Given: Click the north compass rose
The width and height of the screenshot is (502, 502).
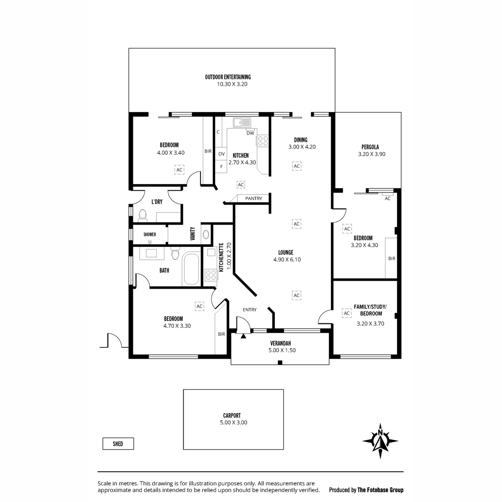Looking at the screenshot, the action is click(380, 441).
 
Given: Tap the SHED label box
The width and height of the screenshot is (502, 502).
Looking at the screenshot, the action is click(118, 444).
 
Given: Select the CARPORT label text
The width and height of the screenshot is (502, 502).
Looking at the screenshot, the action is click(232, 415).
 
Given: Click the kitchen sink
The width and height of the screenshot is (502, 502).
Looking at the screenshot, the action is click(242, 123).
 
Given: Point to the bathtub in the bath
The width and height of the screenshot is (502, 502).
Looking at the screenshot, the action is click(191, 269).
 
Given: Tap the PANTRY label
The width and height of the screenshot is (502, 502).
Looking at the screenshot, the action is click(254, 199).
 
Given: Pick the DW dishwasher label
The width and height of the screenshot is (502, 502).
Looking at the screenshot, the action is click(250, 133).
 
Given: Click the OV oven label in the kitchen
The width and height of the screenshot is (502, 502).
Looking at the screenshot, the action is click(221, 154).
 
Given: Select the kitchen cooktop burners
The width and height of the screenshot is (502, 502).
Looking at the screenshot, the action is click(263, 141).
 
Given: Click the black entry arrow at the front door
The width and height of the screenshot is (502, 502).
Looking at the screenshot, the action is click(243, 336).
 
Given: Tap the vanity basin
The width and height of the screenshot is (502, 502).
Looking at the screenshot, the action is click(206, 234).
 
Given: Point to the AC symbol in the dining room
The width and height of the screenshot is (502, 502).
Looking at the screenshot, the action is click(297, 166).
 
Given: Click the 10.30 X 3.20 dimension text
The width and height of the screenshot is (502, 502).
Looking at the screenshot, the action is click(232, 84).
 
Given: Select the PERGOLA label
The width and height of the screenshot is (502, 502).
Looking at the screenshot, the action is click(370, 147).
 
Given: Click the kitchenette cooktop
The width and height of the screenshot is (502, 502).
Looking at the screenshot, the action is click(211, 275).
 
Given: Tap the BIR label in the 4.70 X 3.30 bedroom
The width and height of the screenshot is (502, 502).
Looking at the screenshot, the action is click(221, 334).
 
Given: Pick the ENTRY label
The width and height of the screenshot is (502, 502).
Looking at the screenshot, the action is click(250, 310).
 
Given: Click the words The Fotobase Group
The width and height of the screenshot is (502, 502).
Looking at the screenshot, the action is click(380, 490).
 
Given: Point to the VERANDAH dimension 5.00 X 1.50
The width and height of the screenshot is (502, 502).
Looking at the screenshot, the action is click(282, 351).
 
